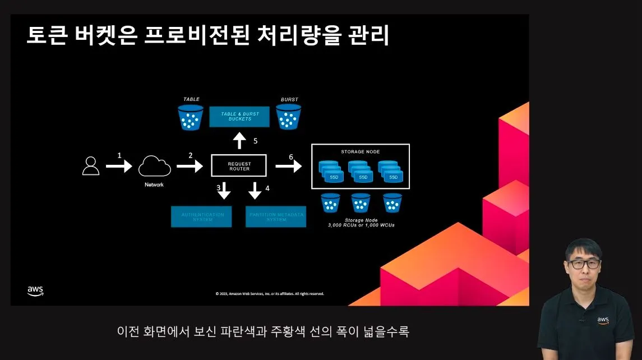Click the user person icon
click(91, 166)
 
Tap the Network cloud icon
click(154, 166)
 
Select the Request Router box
click(239, 166)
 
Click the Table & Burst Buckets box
click(237, 117)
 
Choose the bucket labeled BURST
click(289, 117)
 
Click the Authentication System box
click(201, 216)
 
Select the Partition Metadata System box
click(276, 216)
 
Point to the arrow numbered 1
click(119, 165)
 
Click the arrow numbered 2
click(190, 165)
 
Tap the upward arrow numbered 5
click(239, 141)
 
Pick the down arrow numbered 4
click(255, 191)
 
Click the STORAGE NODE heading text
click(361, 152)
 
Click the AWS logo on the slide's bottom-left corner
click(35, 290)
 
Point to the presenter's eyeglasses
click(583, 263)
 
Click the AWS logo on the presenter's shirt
click(603, 320)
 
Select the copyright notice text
click(270, 294)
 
